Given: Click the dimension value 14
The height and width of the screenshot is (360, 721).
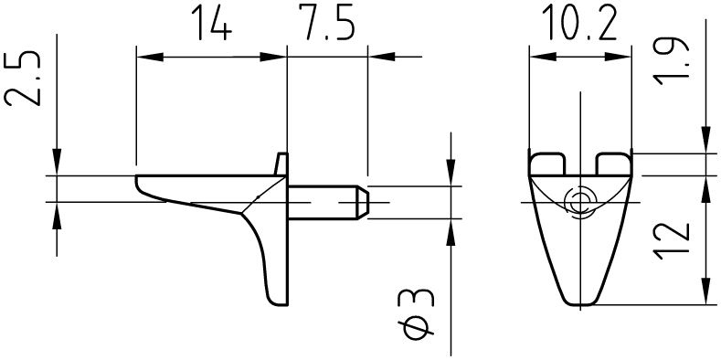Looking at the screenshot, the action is (212, 22).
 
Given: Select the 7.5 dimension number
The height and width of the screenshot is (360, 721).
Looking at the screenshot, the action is (328, 22).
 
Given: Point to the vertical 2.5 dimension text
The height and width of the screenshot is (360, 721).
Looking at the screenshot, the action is (22, 79).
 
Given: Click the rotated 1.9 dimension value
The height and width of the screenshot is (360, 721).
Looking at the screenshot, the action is (671, 59).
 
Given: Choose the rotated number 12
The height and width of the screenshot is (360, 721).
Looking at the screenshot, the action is (672, 241).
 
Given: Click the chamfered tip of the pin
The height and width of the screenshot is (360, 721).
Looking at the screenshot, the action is (364, 202).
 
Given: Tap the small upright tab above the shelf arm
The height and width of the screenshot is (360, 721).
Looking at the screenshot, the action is (281, 164).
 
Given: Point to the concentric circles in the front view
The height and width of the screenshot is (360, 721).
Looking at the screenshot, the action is (580, 202).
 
